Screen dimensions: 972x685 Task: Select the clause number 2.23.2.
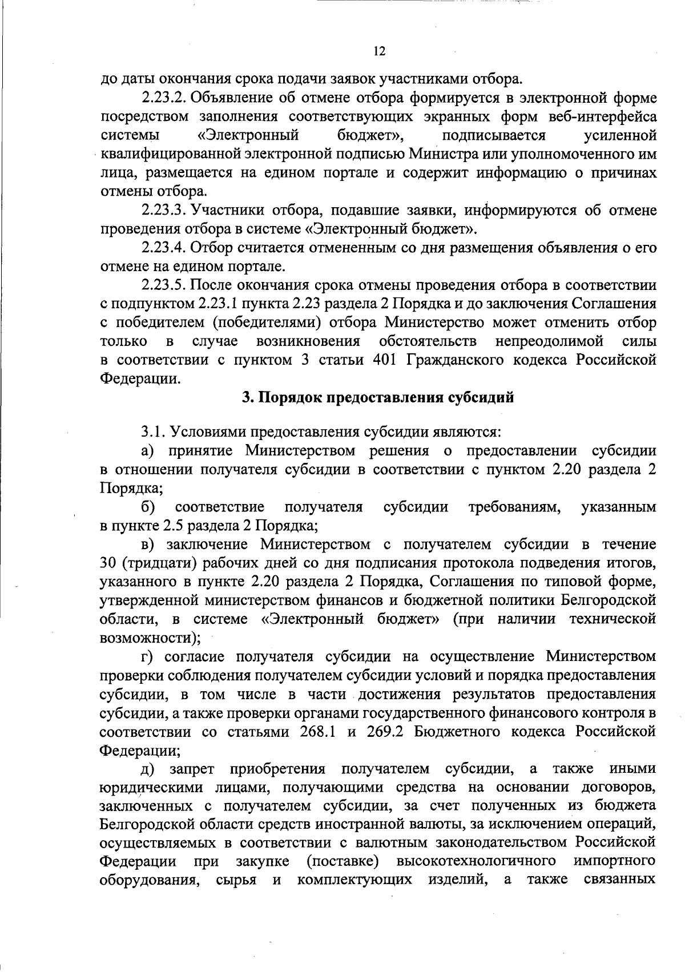click(162, 98)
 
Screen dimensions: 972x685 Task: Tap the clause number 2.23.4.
click(162, 248)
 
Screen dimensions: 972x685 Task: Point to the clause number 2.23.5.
click(162, 285)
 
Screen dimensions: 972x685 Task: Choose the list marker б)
click(150, 506)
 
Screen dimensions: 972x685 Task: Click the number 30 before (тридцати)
click(108, 563)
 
